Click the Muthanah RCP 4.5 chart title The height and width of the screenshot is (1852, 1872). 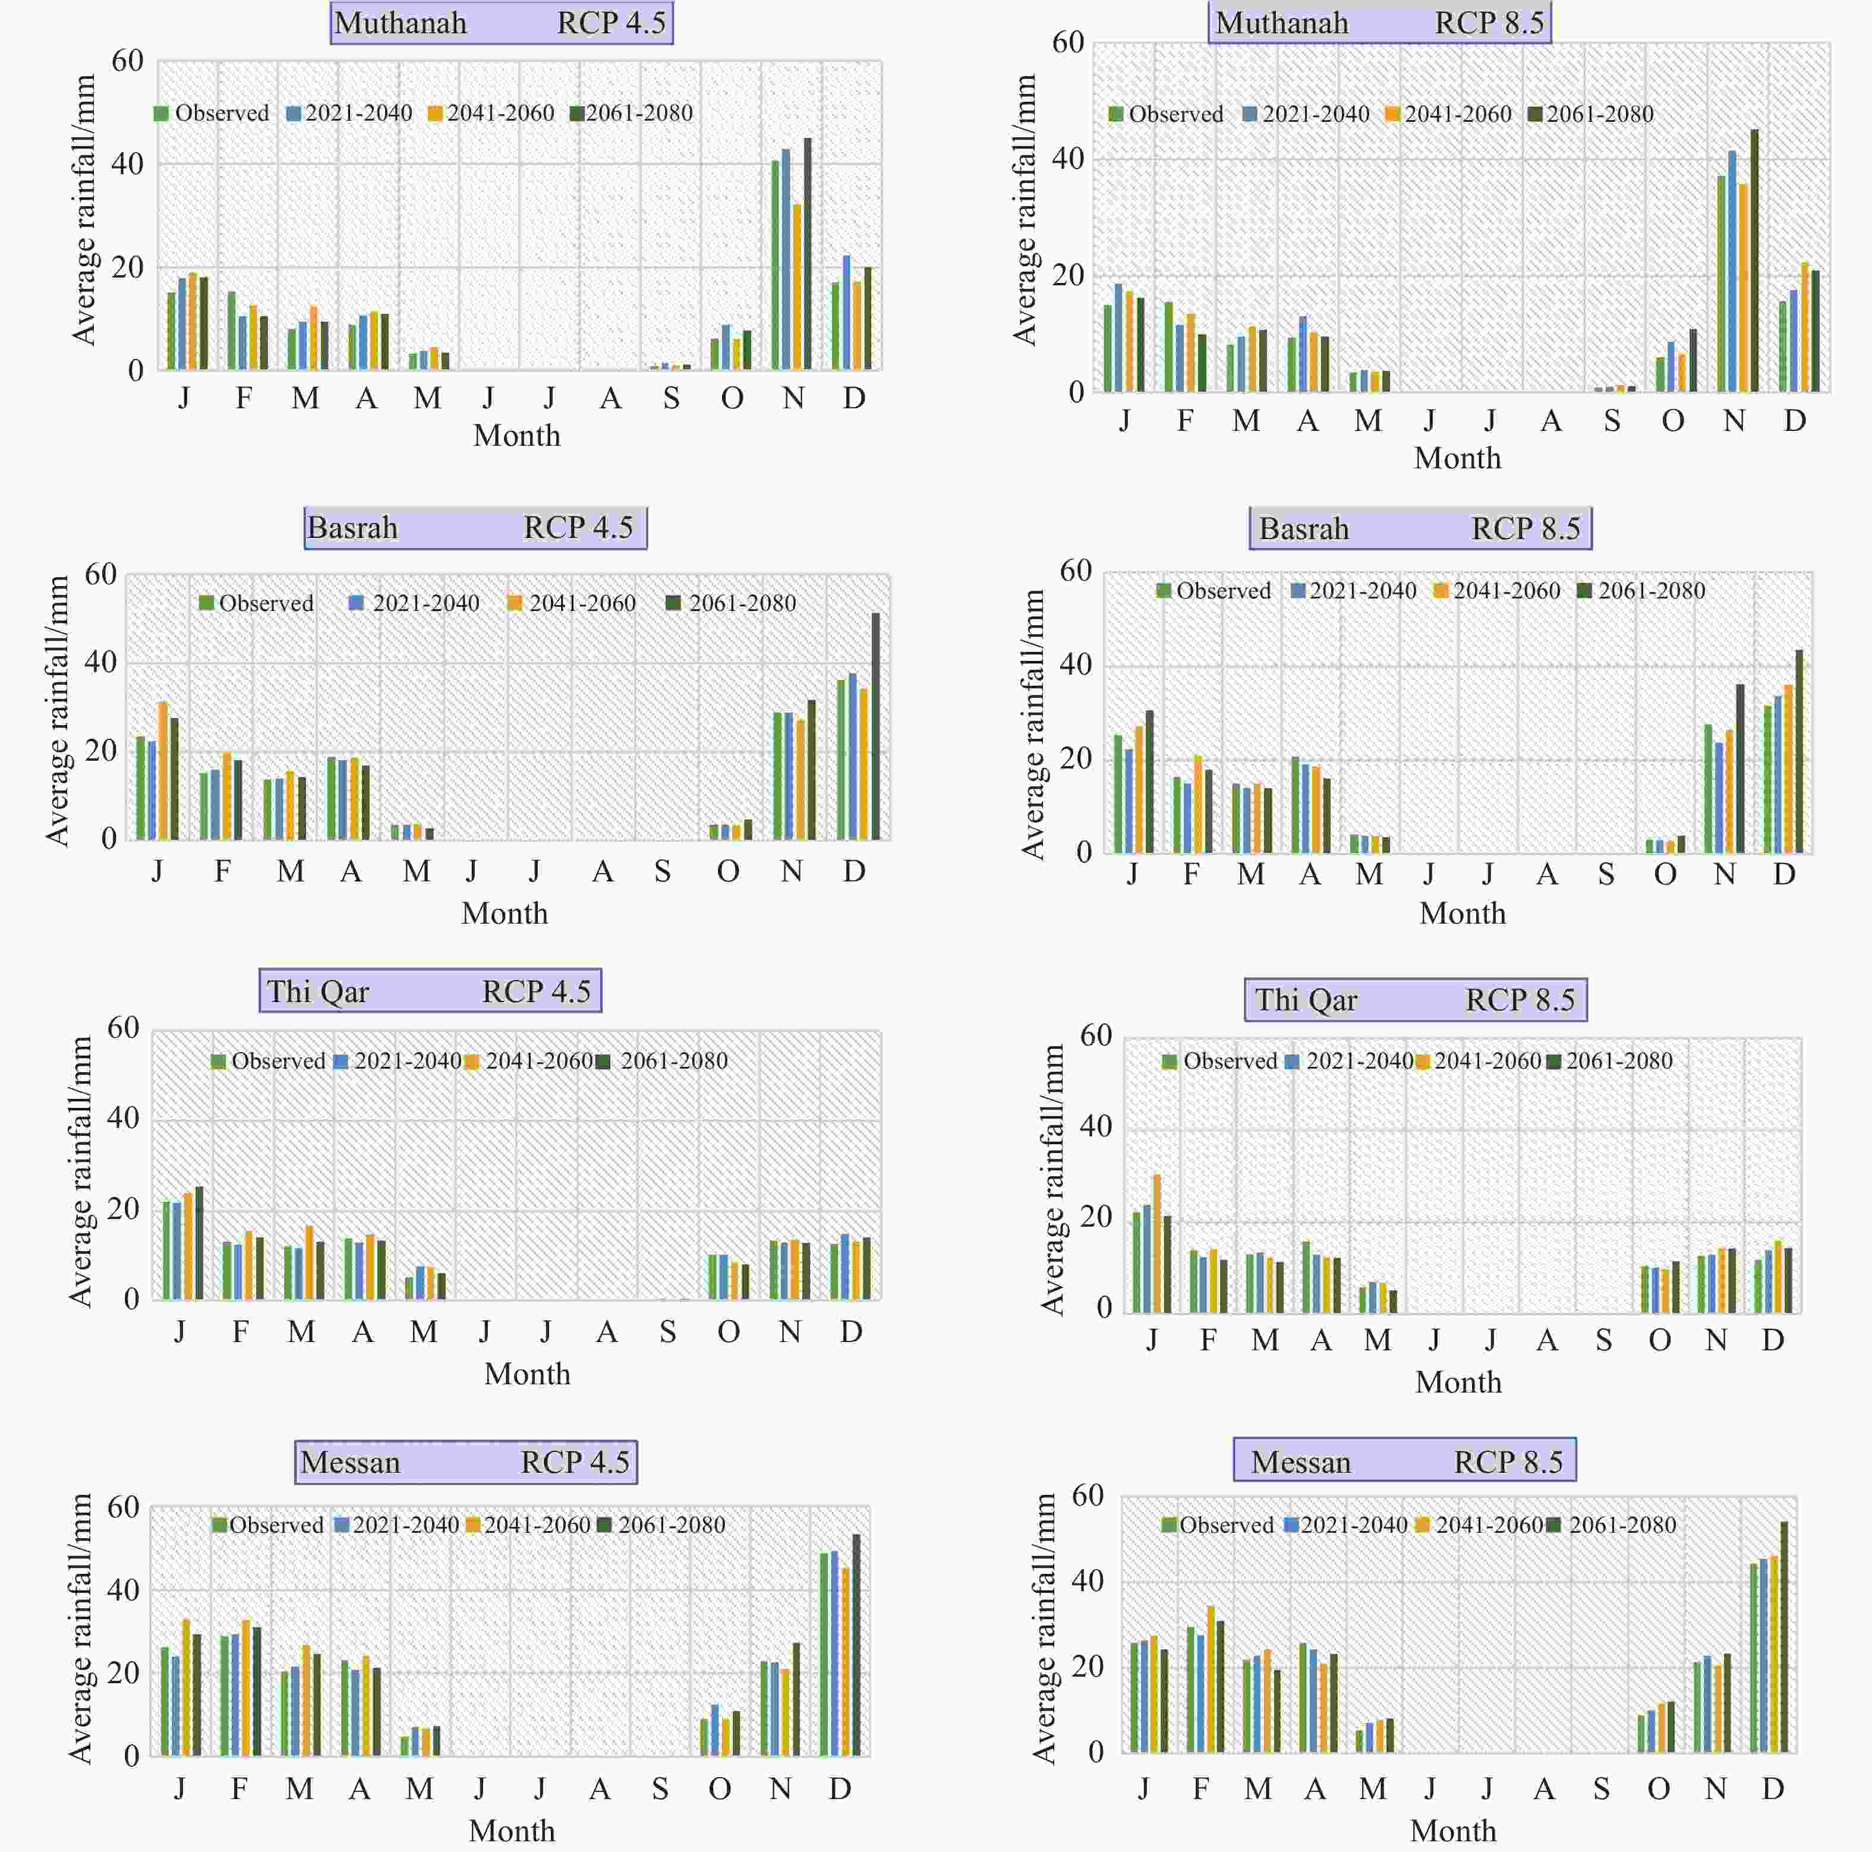(x=501, y=23)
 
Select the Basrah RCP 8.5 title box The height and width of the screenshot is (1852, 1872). (x=1420, y=528)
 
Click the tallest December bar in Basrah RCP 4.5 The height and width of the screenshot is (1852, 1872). (x=876, y=727)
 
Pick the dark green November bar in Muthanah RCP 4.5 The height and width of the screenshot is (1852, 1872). (x=807, y=254)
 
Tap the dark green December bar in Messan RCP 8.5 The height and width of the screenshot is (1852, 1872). (x=1784, y=1638)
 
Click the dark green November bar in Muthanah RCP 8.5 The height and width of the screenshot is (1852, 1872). (x=1754, y=261)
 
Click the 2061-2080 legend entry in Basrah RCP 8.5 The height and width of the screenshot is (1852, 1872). (x=1643, y=590)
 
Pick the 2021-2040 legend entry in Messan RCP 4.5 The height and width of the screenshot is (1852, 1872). (x=396, y=1525)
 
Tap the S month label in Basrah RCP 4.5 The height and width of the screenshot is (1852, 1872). (x=663, y=871)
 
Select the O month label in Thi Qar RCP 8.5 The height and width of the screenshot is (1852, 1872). (x=1660, y=1340)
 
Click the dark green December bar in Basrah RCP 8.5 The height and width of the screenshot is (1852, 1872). (x=1799, y=751)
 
